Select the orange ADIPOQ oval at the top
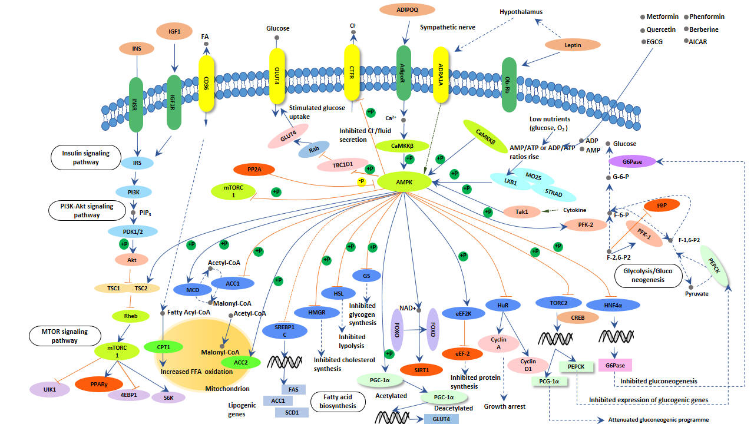[x=407, y=10]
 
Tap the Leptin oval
[x=573, y=45]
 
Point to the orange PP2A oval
[x=254, y=170]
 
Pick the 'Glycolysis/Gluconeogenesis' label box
[x=647, y=275]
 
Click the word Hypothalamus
[x=521, y=12]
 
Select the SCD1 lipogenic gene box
[x=291, y=412]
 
